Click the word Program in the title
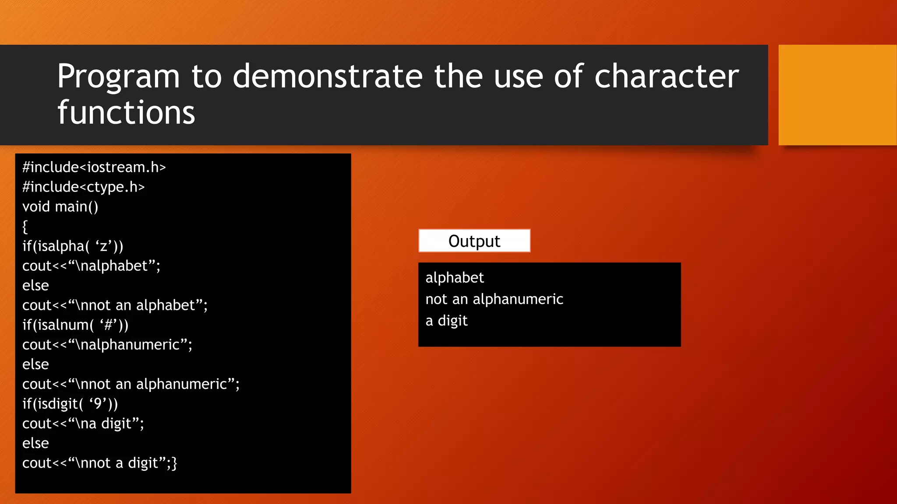coord(118,77)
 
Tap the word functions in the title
coord(126,113)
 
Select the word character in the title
coord(666,76)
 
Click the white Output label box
coord(474,241)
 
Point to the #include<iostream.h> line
coord(94,167)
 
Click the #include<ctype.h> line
coord(83,187)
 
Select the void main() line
coord(60,206)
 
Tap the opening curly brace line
coord(25,227)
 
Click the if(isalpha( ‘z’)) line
coord(73,246)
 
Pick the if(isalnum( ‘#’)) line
coord(75,325)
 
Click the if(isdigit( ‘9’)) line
coord(70,404)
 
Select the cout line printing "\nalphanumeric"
coord(107,345)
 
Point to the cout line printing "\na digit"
coord(83,423)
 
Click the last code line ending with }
coord(100,463)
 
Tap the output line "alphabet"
coord(455,278)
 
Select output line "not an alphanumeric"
coord(494,299)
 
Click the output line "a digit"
coord(446,321)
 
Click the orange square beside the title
coord(837,95)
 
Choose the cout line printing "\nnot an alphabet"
coord(115,305)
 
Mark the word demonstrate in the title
coord(328,76)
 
